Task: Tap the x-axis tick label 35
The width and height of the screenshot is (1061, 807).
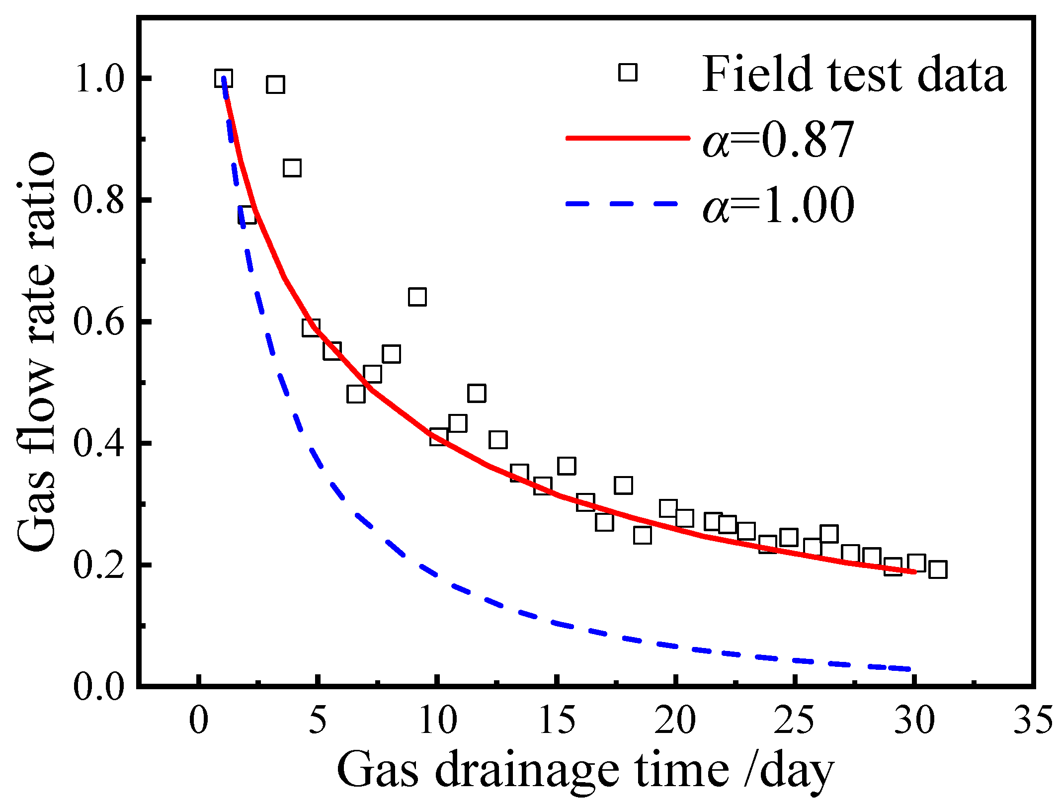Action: (1033, 720)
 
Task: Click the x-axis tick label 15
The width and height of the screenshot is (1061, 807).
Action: (557, 720)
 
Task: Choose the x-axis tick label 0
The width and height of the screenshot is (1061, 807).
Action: (198, 720)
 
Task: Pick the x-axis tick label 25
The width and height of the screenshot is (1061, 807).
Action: (794, 720)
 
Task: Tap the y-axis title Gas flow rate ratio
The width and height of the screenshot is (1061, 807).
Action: (37, 350)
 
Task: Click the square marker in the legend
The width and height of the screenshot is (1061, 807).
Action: (628, 73)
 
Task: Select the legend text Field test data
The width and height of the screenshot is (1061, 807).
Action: (853, 75)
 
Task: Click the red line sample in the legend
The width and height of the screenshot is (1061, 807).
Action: (628, 138)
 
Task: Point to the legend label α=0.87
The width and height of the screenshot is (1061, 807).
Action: (778, 140)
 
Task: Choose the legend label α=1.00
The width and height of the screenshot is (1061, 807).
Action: (778, 205)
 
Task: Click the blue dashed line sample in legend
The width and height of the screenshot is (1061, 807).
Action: (621, 203)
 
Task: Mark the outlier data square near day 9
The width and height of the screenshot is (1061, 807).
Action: (417, 297)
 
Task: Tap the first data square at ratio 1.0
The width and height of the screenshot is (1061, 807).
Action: (224, 79)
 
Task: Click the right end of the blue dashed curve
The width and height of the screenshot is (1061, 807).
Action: (909, 669)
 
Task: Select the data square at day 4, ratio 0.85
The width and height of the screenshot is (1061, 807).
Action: (292, 168)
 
